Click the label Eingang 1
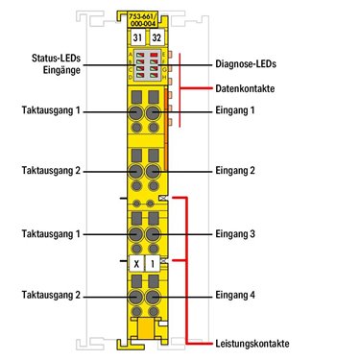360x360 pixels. [x=234, y=110]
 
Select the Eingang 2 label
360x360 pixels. [x=235, y=170]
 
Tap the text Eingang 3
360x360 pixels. [x=235, y=234]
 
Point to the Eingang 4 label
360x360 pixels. [x=235, y=295]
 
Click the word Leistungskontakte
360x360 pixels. [x=252, y=344]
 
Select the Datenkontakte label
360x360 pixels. [x=245, y=88]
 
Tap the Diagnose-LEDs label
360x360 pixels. [x=246, y=64]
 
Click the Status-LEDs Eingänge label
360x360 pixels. [x=56, y=64]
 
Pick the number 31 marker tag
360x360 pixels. [x=137, y=37]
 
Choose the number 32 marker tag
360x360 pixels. [x=156, y=37]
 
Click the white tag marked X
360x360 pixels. [x=137, y=264]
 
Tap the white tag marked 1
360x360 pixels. [x=153, y=264]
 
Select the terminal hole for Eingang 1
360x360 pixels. [x=154, y=112]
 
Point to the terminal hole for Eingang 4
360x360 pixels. [x=154, y=297]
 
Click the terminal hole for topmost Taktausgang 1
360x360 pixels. [x=136, y=112]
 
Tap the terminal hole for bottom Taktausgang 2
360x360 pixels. [x=136, y=297]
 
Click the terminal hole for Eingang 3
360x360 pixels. [x=154, y=234]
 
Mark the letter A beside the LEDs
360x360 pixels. [x=131, y=54]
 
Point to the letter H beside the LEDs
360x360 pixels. [x=164, y=77]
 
